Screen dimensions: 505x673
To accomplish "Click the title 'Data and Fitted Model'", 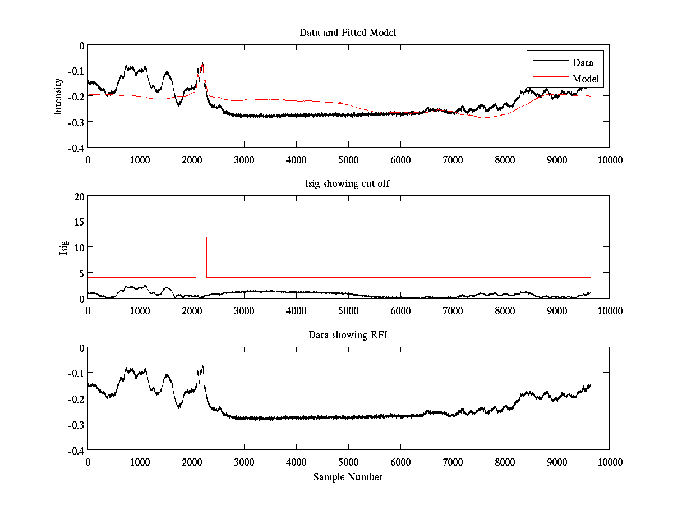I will [348, 33].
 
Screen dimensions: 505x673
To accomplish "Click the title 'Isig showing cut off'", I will [348, 184].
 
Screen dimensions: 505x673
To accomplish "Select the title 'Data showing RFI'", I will [348, 335].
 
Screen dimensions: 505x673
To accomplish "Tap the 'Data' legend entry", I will [583, 63].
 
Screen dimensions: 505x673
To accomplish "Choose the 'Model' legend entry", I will [586, 79].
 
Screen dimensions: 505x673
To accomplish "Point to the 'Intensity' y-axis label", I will [58, 96].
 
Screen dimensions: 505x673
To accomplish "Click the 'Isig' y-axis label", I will [64, 247].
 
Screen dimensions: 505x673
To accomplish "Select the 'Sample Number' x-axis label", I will [348, 477].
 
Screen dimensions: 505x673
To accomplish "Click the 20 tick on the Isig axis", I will [79, 196].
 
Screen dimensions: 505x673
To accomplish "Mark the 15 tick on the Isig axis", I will [79, 222].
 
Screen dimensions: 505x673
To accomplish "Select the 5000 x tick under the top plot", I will [348, 159].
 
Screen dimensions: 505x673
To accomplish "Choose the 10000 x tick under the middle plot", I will [609, 310].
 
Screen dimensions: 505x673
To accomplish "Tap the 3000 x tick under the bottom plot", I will [244, 462].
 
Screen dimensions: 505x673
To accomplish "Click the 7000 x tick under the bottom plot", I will [453, 462].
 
